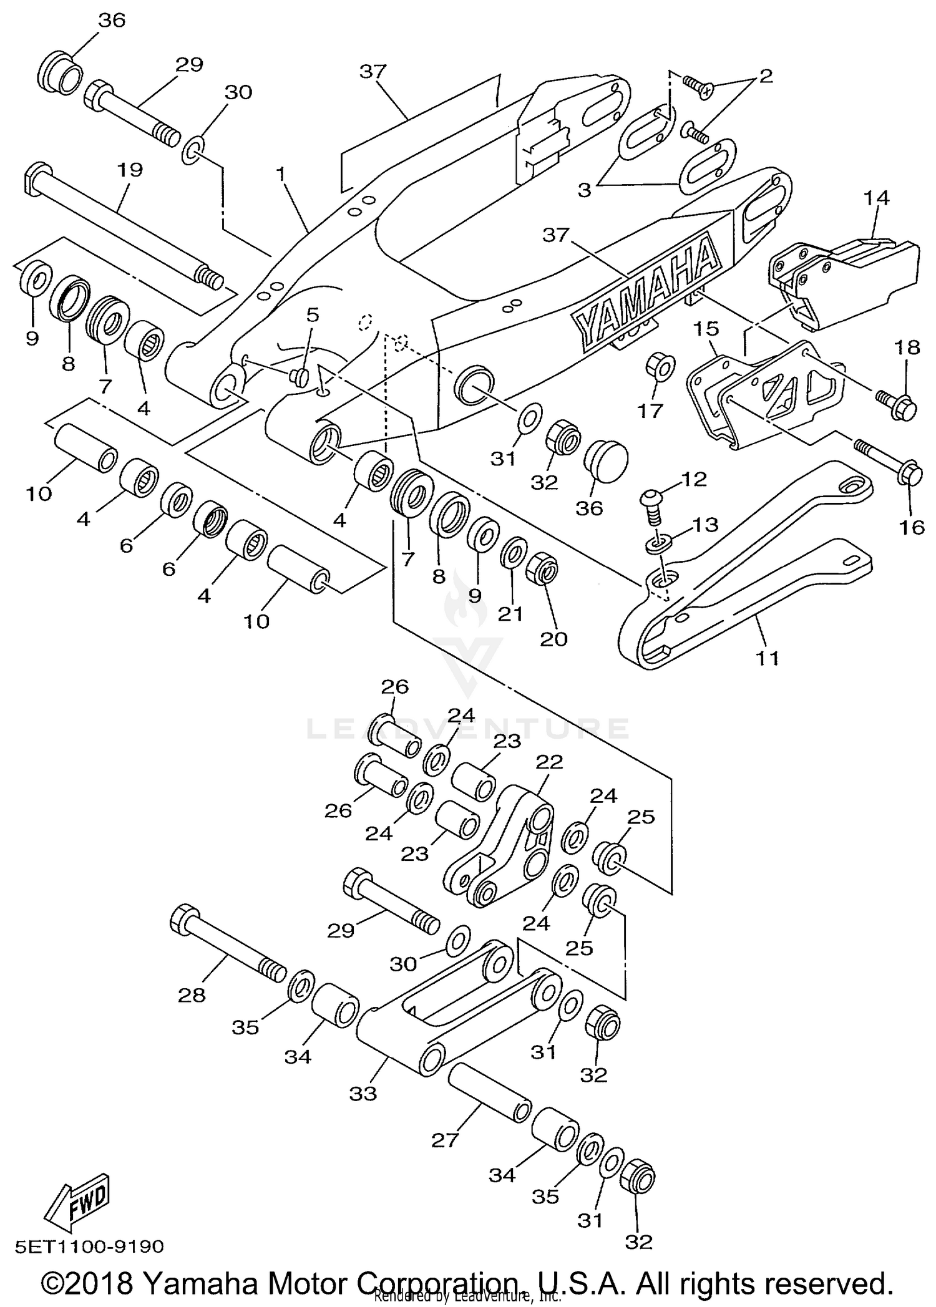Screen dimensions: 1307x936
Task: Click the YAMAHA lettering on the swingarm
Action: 646,289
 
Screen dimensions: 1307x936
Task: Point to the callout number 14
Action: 876,198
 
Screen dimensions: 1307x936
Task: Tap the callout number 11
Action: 768,658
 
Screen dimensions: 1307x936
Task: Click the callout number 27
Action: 445,1140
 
